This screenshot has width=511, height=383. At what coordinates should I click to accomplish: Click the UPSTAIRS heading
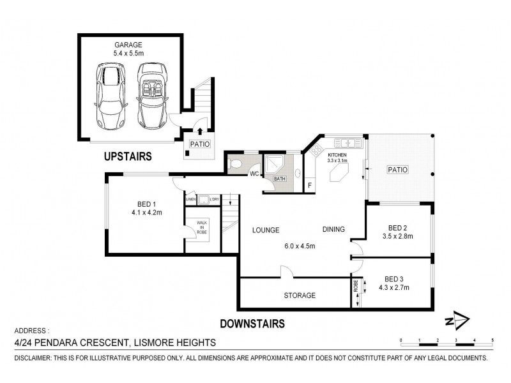(x=128, y=155)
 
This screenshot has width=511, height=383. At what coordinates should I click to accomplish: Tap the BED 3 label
(x=393, y=279)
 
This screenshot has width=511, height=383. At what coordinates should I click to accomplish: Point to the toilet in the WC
(x=236, y=164)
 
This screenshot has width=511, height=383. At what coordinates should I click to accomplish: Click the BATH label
(x=280, y=179)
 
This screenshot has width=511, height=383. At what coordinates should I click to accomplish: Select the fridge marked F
(x=310, y=185)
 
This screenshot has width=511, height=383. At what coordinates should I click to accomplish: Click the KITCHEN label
(x=337, y=155)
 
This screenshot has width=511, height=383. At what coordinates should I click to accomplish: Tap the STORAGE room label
(x=300, y=296)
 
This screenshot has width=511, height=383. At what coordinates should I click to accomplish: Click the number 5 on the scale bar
(x=492, y=340)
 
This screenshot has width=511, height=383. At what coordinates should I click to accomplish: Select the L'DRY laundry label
(x=214, y=200)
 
